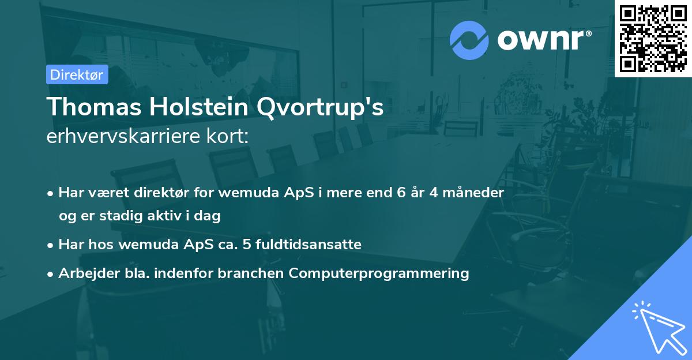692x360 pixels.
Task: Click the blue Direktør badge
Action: point(77,74)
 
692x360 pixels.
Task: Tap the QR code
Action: point(653,39)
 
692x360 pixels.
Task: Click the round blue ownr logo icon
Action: point(469,40)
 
